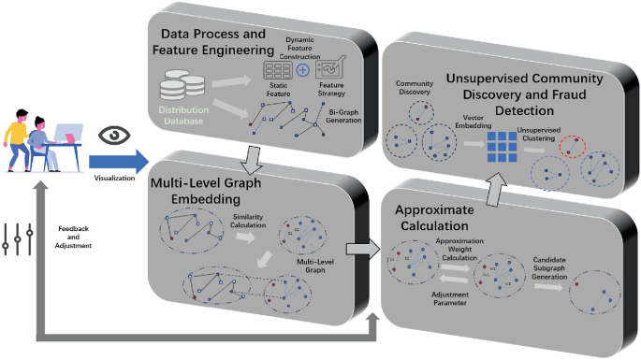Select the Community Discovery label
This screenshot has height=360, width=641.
click(413, 89)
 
